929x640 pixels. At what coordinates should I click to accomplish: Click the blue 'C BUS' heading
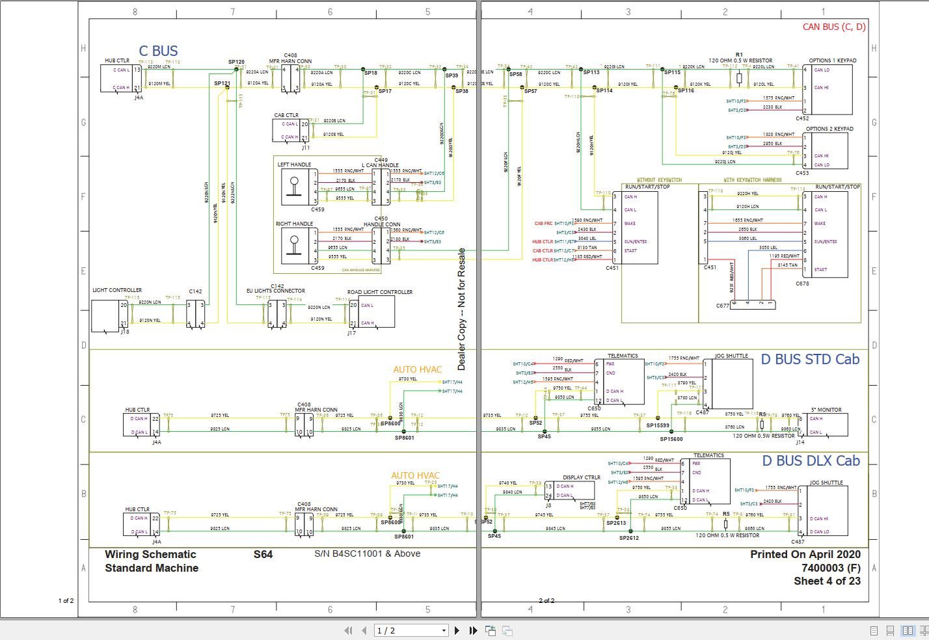pos(158,51)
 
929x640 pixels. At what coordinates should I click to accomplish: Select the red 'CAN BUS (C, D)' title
pos(833,27)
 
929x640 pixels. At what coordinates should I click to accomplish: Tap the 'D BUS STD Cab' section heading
pos(810,360)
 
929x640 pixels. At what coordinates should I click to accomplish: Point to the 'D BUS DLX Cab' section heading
pos(811,461)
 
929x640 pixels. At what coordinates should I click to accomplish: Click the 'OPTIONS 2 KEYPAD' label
pos(829,129)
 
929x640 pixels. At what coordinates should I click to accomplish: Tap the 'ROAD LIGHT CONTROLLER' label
pos(380,292)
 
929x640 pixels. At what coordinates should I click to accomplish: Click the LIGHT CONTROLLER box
pos(105,315)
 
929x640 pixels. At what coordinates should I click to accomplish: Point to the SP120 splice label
pos(236,62)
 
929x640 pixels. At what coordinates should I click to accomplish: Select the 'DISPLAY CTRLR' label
pos(582,477)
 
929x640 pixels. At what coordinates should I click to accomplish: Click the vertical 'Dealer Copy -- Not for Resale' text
pos(462,309)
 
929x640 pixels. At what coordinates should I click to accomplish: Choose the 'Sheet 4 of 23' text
pos(826,581)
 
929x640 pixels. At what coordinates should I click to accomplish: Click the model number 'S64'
pos(263,555)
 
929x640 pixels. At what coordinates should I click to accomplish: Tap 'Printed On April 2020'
pos(805,555)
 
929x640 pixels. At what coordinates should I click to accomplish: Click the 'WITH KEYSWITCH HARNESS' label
pos(752,180)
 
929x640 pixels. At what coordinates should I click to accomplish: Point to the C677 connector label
pos(722,306)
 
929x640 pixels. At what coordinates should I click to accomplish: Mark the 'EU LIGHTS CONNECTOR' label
pos(275,291)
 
